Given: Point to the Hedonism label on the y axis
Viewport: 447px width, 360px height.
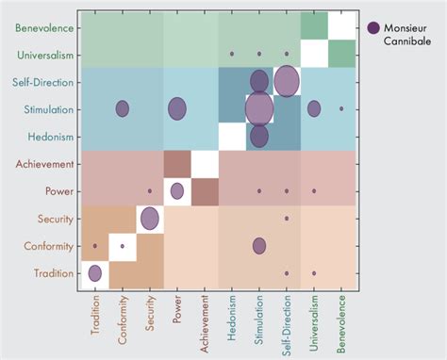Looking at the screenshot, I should click(46, 137).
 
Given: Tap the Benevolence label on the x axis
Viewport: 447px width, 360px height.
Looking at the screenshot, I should click(341, 324).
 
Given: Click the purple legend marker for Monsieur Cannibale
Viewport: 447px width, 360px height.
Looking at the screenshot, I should click(374, 28).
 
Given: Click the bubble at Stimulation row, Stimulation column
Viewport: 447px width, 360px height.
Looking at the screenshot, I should click(259, 108).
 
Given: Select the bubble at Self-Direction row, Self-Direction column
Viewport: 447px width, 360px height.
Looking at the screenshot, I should click(287, 81).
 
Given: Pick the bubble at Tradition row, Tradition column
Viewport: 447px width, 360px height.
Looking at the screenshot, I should click(94, 273).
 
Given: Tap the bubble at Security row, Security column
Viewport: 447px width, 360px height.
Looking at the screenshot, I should click(149, 219).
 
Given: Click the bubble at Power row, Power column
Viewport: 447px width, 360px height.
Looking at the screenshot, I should click(176, 191).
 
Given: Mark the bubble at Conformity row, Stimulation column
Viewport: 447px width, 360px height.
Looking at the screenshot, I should click(259, 246).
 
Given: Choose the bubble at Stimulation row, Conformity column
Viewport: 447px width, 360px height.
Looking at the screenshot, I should click(122, 108).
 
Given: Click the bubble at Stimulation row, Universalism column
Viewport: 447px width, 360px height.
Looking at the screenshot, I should click(314, 108).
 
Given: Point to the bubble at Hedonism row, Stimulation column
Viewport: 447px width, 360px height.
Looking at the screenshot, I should click(259, 136).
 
